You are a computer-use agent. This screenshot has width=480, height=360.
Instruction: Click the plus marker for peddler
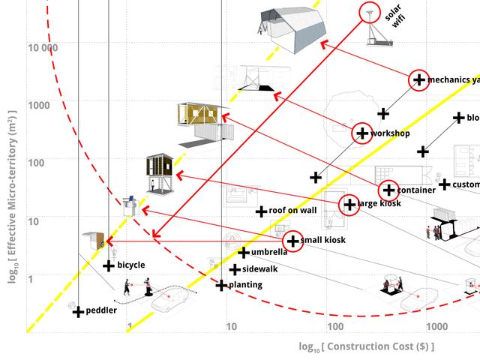[77, 311]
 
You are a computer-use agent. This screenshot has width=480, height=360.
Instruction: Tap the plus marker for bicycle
[108, 265]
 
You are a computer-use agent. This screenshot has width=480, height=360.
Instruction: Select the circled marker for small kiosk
[292, 241]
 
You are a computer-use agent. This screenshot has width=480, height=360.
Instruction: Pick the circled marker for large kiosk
[349, 204]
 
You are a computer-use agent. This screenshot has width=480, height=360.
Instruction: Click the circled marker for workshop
[362, 133]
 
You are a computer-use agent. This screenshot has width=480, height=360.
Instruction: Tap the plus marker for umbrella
[243, 253]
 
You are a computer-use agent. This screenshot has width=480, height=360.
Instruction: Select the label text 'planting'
[245, 286]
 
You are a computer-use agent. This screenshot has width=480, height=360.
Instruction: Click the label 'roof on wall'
[292, 211]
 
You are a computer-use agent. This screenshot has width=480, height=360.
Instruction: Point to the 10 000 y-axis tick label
[43, 48]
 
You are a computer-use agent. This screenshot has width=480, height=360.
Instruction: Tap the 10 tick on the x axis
[231, 326]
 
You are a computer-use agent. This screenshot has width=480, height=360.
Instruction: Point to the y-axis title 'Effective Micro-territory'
[12, 196]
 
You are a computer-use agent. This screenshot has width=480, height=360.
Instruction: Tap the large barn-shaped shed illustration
[292, 28]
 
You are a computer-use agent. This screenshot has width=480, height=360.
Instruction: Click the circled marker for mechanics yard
[419, 80]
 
